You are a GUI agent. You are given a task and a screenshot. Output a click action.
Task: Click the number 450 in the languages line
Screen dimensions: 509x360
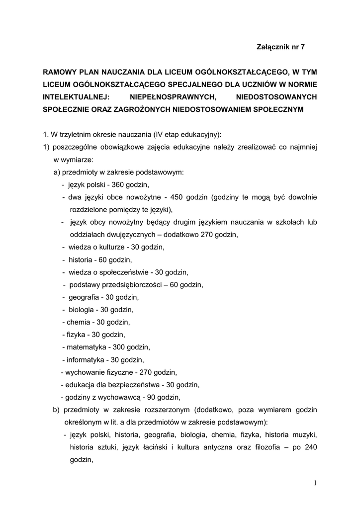pos(178,197)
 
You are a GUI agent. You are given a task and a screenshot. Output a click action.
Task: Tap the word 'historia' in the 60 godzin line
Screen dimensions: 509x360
pos(81,259)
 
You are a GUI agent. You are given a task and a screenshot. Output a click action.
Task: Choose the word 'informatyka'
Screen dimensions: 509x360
pos(86,359)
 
